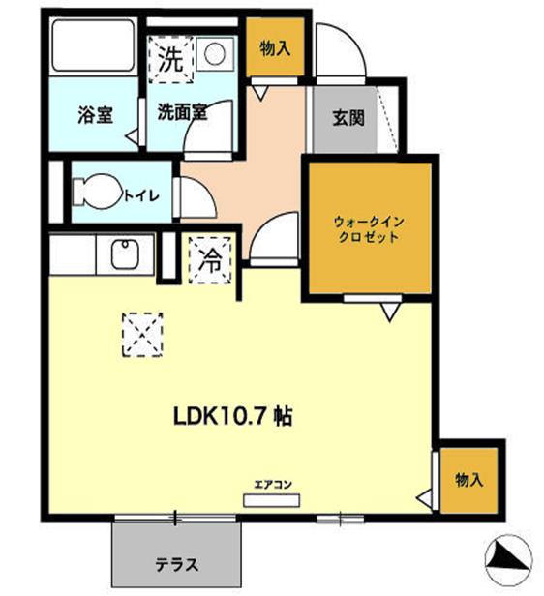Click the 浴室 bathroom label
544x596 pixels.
pos(95,113)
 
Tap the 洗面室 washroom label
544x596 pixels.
pos(183,112)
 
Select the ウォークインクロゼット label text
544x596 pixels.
pos(369,229)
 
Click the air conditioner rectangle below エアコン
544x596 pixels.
pos(272,500)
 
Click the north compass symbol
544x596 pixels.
pos(507,557)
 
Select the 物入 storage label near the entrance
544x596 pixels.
pos(274,46)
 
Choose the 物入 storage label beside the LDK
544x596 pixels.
pos(468,480)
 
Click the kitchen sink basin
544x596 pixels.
pos(125,256)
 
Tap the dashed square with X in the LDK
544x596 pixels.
pos(143,334)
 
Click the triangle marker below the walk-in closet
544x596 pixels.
pos(389,312)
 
